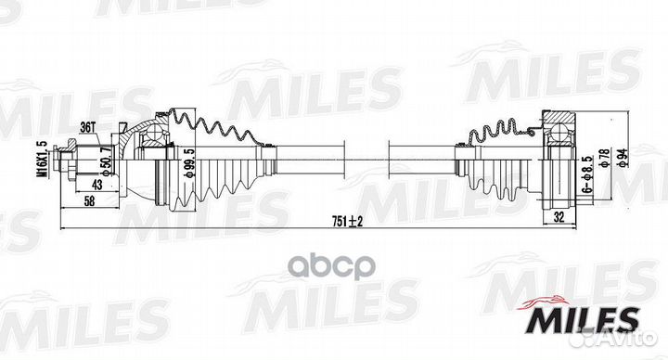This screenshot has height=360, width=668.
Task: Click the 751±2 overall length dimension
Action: (347, 221)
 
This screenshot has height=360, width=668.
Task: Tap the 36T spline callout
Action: (87, 127)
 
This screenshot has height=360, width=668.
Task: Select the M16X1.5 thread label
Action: (44, 160)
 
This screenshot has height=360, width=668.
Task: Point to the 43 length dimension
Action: (97, 185)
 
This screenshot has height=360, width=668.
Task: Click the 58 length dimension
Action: (89, 201)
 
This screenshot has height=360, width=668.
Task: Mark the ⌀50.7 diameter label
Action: (108, 161)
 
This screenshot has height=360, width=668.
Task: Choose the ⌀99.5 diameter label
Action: (186, 165)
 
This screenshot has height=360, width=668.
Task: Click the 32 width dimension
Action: (559, 217)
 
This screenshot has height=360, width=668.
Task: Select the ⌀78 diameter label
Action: (604, 158)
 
